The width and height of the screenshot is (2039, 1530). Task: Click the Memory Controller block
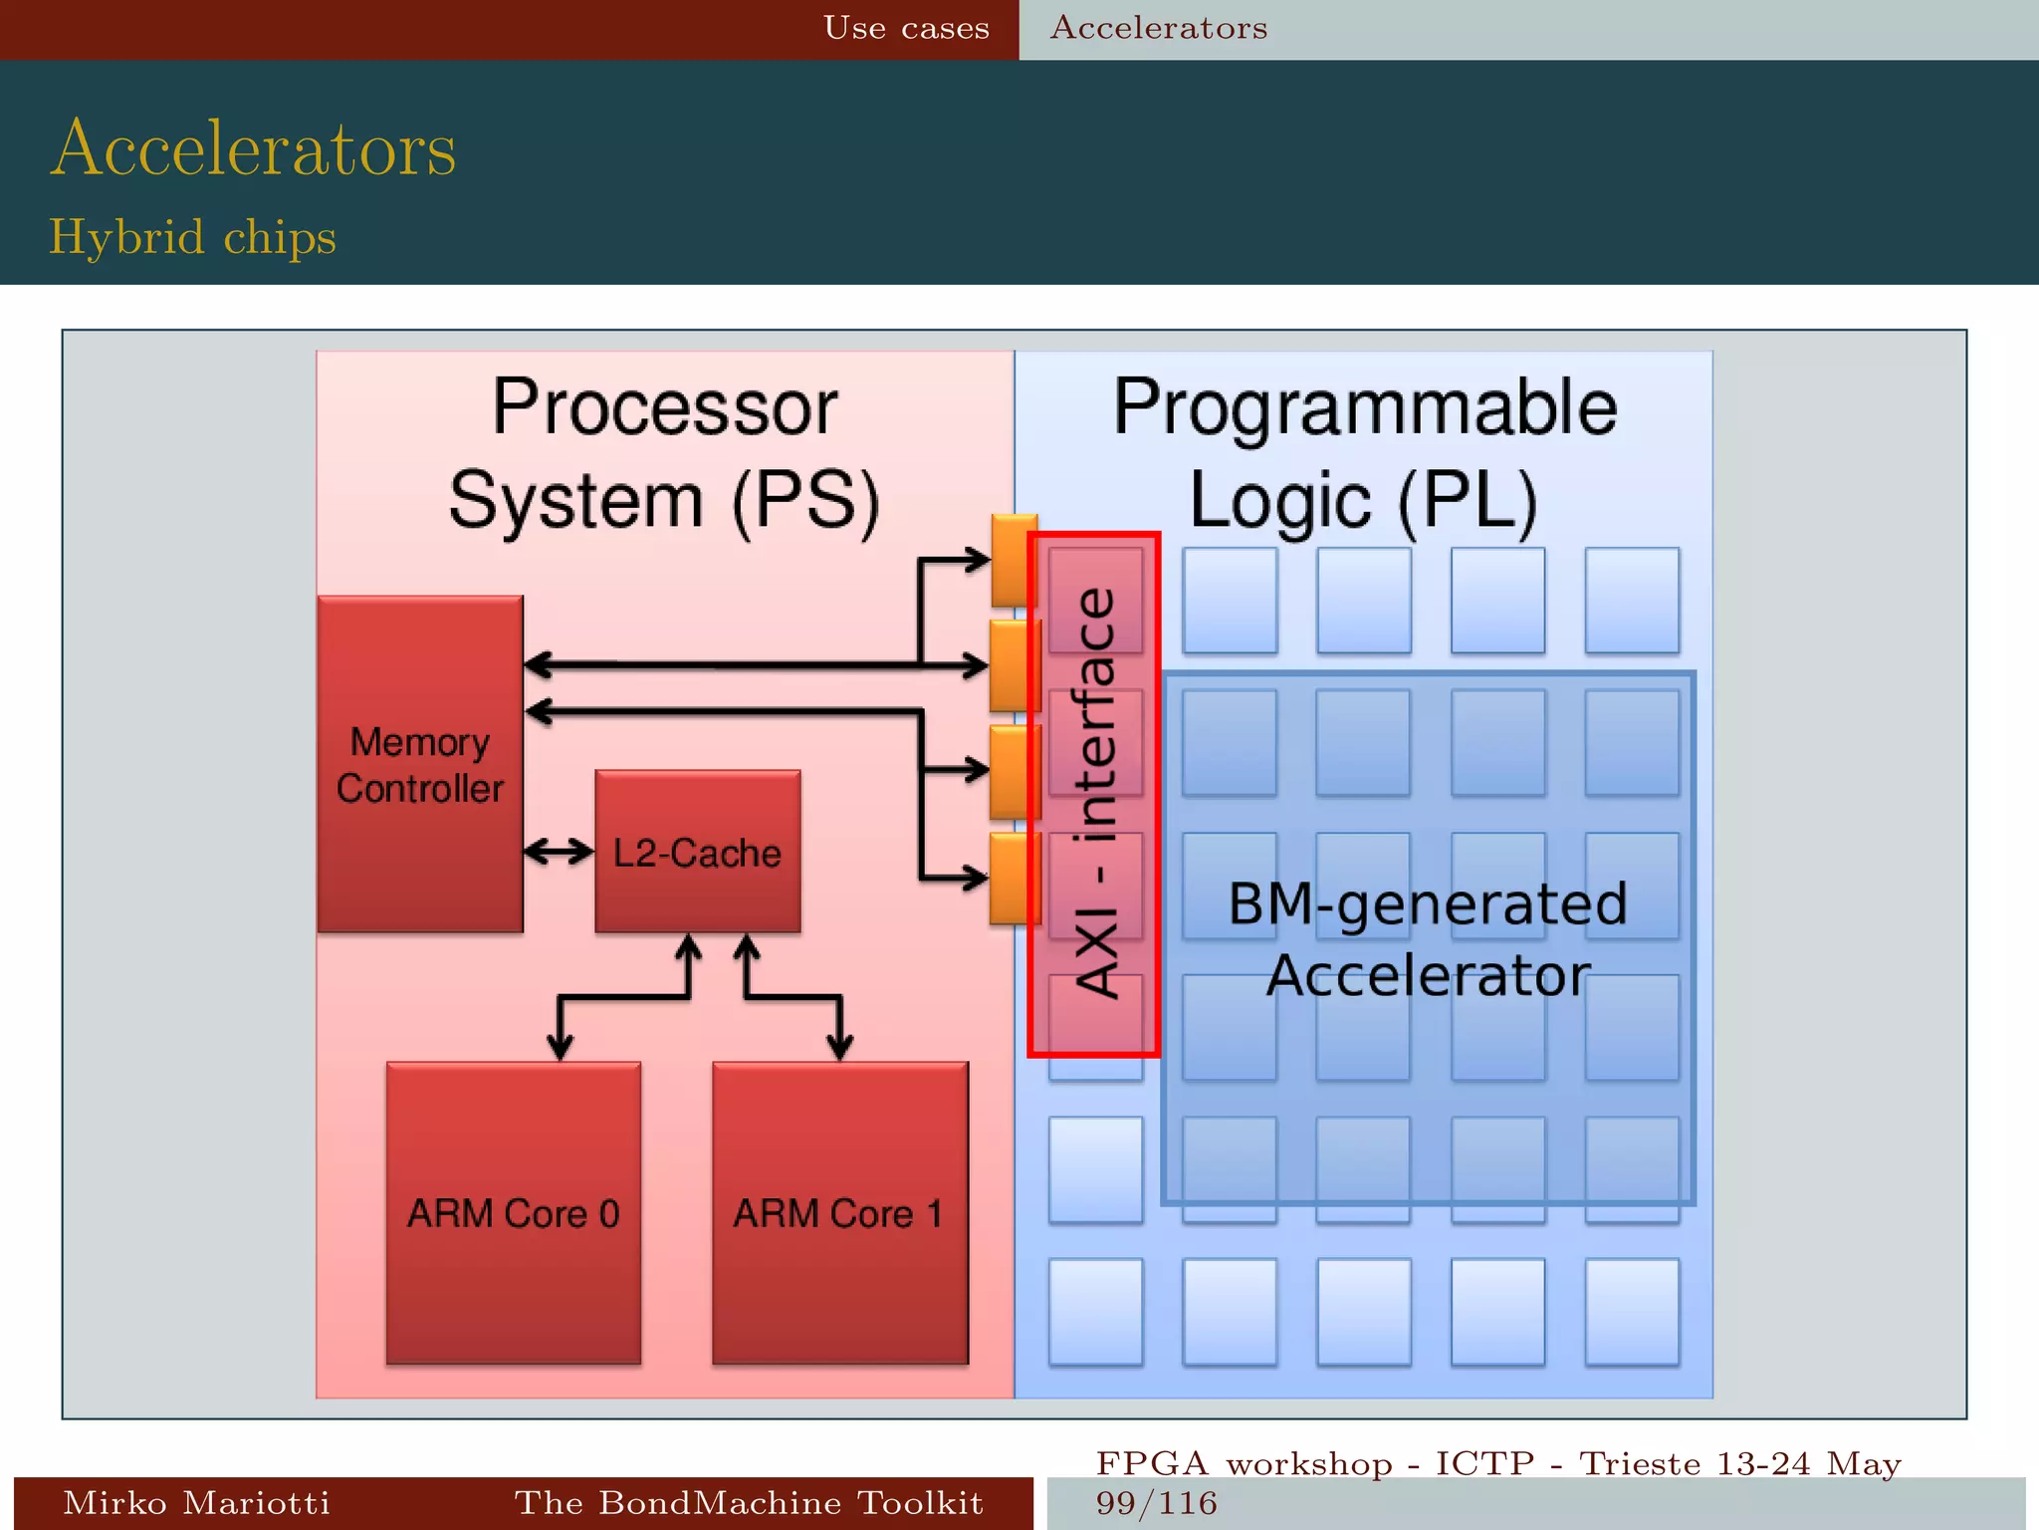coord(419,764)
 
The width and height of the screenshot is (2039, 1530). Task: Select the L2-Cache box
coord(697,852)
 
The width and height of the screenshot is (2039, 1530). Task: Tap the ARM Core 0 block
coord(513,1212)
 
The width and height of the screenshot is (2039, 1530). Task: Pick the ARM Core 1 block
coord(839,1212)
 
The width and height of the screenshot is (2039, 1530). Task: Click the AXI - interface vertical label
coord(1096,793)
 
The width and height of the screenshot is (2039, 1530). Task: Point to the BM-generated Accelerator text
coord(1428,938)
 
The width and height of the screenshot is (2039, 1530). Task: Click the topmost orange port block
coord(1014,560)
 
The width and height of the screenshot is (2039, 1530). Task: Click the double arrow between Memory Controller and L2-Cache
coord(559,852)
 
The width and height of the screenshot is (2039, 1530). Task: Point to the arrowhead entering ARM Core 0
coord(561,1047)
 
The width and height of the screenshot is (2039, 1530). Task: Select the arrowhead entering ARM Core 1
coord(840,1047)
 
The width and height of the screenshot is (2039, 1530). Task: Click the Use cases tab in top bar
coord(906,28)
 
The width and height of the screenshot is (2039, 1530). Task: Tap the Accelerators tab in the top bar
coord(1159,28)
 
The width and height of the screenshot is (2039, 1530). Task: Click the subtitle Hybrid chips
coord(192,237)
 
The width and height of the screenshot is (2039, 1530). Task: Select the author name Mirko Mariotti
coord(196,1502)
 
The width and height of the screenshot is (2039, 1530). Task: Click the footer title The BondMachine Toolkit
coord(749,1502)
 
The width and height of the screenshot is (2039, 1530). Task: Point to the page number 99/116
coord(1156,1503)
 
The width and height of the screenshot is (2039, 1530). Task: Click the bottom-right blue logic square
coord(1631,1311)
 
